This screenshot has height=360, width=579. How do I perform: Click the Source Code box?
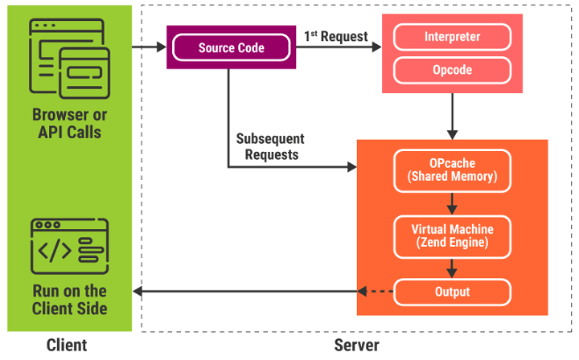[x=231, y=47]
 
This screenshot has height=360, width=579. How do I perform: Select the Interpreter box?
[x=452, y=37]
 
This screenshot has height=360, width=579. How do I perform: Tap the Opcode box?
[x=452, y=70]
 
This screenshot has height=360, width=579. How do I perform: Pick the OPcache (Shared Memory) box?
[x=452, y=170]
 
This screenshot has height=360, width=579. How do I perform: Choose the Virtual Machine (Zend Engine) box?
[x=452, y=236]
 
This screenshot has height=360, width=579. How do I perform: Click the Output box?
[x=452, y=292]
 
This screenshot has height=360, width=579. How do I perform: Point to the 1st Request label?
[x=335, y=36]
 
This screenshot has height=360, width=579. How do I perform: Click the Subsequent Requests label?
[x=270, y=147]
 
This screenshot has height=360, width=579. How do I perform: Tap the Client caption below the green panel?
[x=67, y=346]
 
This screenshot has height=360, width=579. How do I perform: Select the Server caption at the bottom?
[x=356, y=346]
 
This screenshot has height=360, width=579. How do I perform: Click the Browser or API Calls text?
[x=69, y=123]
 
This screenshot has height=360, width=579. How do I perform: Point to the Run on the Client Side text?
[x=69, y=300]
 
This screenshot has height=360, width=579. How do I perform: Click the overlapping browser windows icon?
[x=69, y=59]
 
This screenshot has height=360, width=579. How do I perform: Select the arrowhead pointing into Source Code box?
[x=162, y=47]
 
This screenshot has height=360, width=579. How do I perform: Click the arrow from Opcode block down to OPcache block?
[x=452, y=117]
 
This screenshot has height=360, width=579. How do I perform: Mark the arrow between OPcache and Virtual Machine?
[x=452, y=203]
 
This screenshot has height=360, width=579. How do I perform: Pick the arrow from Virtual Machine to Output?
[x=452, y=268]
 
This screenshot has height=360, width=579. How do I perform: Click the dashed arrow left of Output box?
[x=376, y=292]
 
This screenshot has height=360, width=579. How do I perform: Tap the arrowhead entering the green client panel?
[x=137, y=292]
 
